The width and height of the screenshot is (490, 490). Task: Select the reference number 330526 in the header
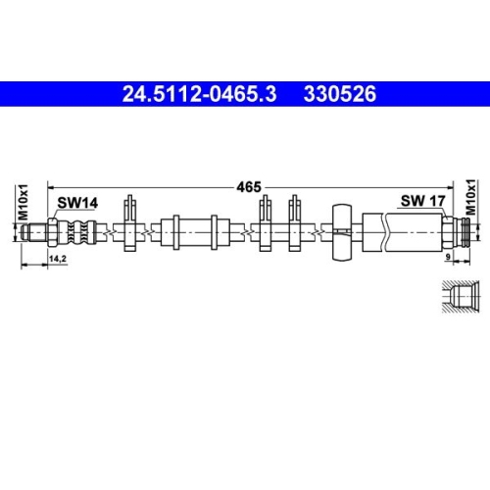340,95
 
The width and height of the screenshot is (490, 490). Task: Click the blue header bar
245,95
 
